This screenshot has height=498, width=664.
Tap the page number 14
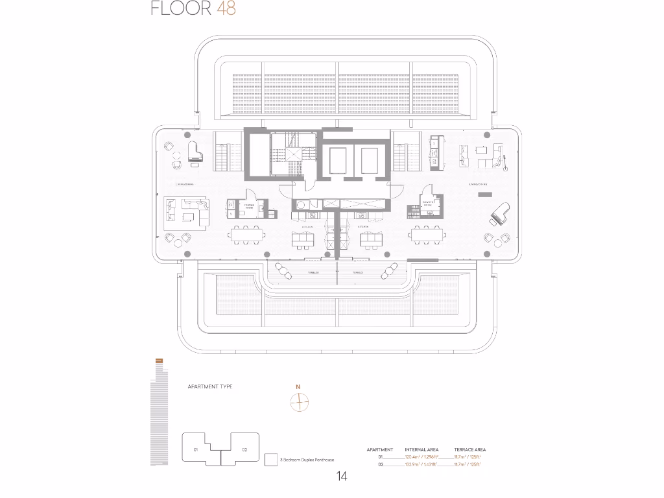tap(342, 477)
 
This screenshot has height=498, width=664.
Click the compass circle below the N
tap(298, 403)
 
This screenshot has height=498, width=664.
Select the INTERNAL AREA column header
tap(421, 449)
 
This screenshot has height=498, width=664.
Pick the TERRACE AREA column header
tap(470, 449)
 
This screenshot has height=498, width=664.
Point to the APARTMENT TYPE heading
tap(210, 386)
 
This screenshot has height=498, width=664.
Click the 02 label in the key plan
tap(244, 449)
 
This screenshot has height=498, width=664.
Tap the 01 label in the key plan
tap(195, 449)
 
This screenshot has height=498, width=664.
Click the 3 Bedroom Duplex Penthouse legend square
tap(271, 459)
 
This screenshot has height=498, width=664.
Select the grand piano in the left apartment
tap(195, 150)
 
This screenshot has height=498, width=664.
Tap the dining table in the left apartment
tap(248, 235)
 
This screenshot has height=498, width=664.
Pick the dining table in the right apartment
tap(425, 235)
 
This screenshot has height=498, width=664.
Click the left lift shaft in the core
tap(337, 160)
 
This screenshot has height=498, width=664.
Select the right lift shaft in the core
tap(369, 160)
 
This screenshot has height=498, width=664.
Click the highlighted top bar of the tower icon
tap(159, 361)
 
